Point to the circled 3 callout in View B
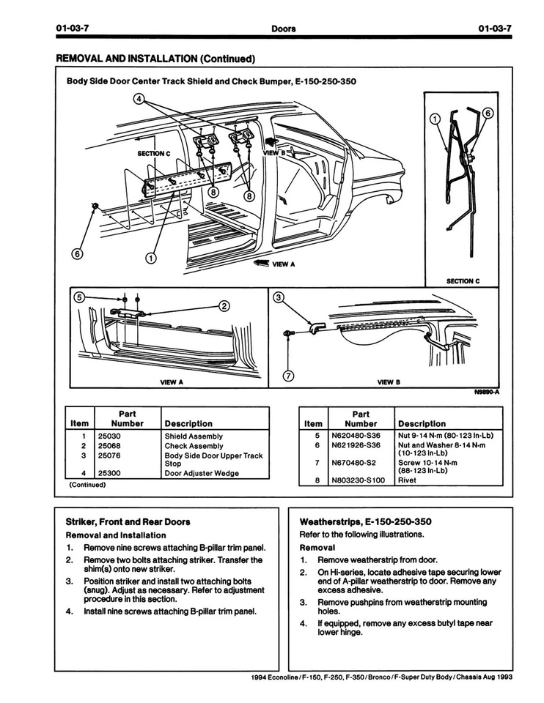[278, 297]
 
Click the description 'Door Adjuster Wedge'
[202, 473]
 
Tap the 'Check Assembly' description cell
[194, 445]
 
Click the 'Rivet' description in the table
[407, 481]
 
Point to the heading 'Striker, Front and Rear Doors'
[128, 521]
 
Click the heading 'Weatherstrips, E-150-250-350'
[365, 521]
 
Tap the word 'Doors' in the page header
[283, 29]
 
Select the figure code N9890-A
[487, 392]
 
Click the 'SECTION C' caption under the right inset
[463, 280]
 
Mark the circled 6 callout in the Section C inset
[488, 114]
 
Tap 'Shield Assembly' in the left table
[194, 436]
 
